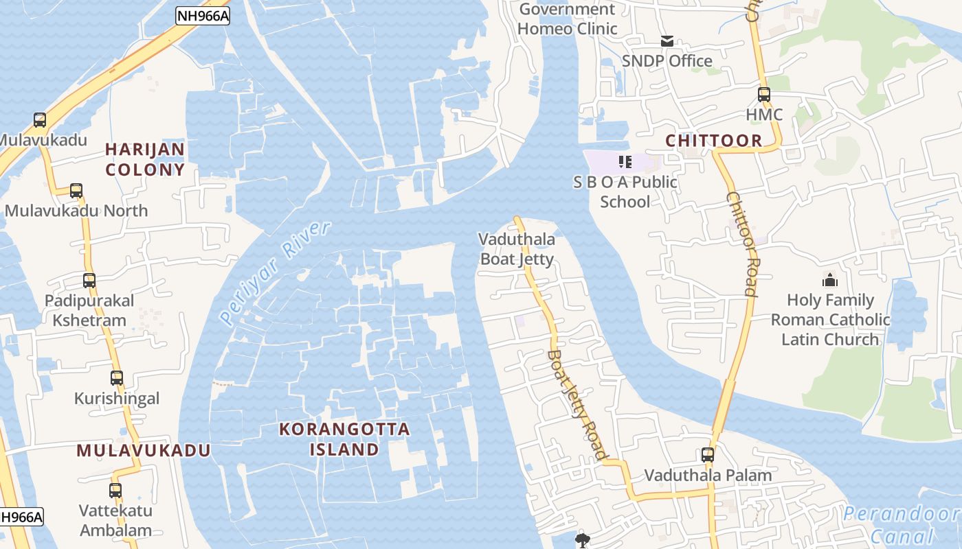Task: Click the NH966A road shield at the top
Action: pyautogui.click(x=202, y=16)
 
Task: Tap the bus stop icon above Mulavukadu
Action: pyautogui.click(x=40, y=120)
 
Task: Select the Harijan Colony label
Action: pyautogui.click(x=145, y=159)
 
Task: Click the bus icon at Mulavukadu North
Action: pyautogui.click(x=76, y=191)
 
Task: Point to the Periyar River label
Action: pyautogui.click(x=276, y=272)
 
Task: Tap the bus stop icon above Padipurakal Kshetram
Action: pyautogui.click(x=89, y=281)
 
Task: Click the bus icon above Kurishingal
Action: pyautogui.click(x=117, y=378)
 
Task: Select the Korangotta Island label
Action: pyautogui.click(x=344, y=439)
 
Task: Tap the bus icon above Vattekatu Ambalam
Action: pyautogui.click(x=115, y=491)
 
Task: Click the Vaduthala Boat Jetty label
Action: pyautogui.click(x=517, y=248)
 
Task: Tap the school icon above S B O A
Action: pyautogui.click(x=625, y=162)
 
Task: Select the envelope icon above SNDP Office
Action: pyautogui.click(x=667, y=41)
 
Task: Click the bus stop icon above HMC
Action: pyautogui.click(x=764, y=95)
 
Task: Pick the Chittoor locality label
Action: pyautogui.click(x=714, y=141)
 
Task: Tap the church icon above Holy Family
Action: pyautogui.click(x=830, y=280)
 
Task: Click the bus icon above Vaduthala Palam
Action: pyautogui.click(x=708, y=455)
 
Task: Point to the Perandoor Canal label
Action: pyautogui.click(x=901, y=524)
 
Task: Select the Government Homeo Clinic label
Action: pyautogui.click(x=567, y=19)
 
